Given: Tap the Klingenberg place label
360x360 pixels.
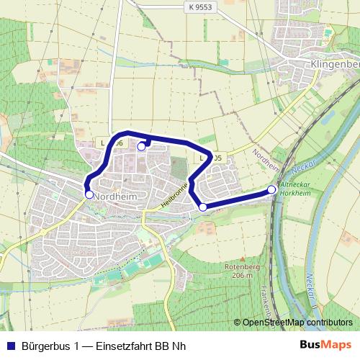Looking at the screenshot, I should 335,65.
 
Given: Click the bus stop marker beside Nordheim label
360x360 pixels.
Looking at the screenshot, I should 89,194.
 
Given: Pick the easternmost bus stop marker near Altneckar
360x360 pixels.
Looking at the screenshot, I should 271,189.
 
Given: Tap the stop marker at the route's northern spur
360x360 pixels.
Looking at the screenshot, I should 141,146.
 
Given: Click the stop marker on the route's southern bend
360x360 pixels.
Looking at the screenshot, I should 203,207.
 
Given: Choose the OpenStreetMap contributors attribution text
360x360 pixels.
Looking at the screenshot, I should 297,323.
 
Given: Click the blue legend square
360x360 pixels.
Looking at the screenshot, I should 10,346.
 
